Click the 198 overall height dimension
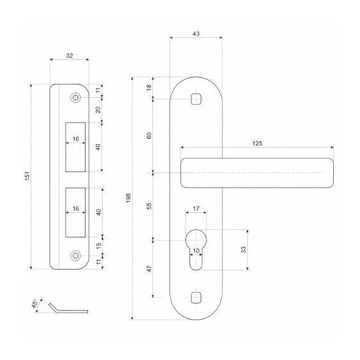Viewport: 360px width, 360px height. [128, 198]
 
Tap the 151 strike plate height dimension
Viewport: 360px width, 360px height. [27, 176]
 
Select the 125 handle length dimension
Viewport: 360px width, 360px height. [257, 143]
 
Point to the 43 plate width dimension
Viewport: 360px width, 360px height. [196, 34]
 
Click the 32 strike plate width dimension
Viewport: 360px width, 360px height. [69, 55]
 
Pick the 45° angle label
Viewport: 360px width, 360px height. [35, 304]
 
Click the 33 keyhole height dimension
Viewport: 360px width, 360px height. [243, 250]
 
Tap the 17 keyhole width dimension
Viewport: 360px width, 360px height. [196, 209]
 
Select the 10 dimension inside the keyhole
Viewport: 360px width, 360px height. [196, 251]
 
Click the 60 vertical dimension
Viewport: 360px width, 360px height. [149, 135]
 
